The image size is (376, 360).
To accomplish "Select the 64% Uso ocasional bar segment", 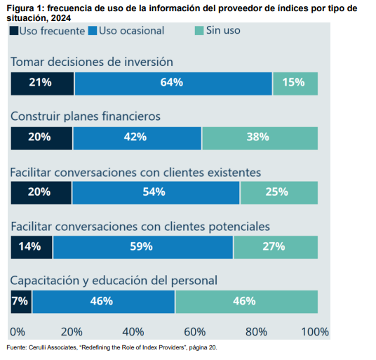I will tap(173, 83).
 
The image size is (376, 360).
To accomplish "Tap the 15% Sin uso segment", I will tap(295, 83).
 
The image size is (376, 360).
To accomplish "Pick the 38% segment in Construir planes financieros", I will tap(259, 138).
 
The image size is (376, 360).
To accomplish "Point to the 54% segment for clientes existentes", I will tap(155, 192).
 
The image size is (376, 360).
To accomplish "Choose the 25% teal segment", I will tap(278, 192).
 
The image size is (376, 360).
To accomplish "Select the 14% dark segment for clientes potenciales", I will tap(32, 246).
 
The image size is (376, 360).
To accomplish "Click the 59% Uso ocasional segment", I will tap(142, 246).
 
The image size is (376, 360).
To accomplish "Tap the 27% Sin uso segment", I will tap(275, 246).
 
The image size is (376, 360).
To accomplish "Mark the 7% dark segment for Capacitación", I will tap(21, 301).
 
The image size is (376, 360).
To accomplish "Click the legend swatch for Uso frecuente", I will tap(15, 31).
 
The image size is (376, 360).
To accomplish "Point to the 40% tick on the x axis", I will tap(133, 331).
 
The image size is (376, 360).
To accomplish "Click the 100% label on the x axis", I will tap(315, 331).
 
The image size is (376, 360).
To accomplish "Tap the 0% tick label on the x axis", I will tap(18, 331).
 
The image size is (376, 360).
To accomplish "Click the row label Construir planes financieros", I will tap(86, 116).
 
